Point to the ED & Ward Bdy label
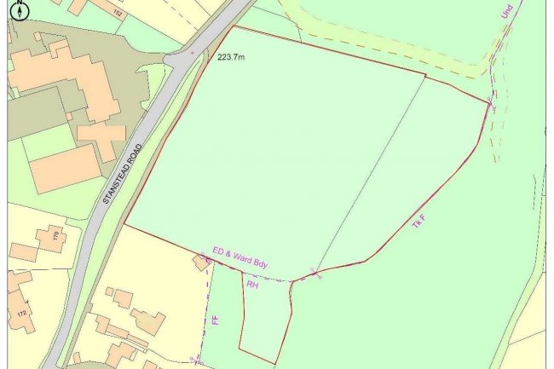[240, 259]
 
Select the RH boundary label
[252, 285]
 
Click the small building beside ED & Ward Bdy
[202, 262]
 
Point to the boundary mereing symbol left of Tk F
[317, 273]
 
